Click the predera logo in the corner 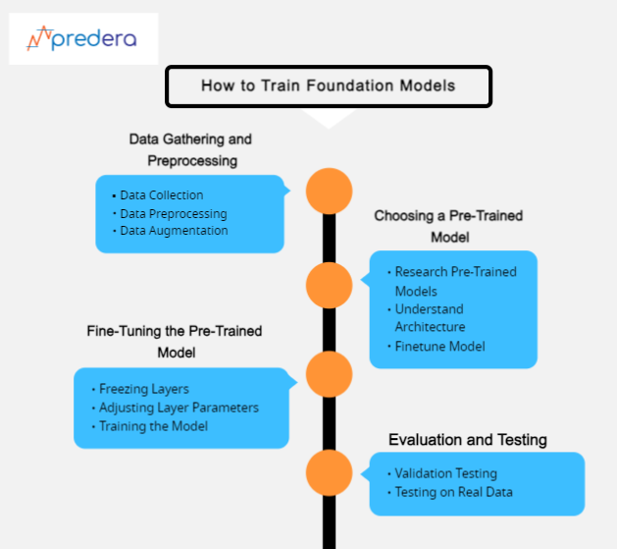(x=82, y=39)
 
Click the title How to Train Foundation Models (x=328, y=85)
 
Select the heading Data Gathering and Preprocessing (x=191, y=149)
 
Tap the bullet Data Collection (x=162, y=195)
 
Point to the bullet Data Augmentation (x=174, y=231)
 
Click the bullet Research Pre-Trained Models (x=455, y=281)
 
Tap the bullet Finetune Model (x=439, y=346)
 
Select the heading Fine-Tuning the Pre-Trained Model (x=177, y=341)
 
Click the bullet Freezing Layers (x=144, y=389)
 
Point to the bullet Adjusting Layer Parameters (x=179, y=408)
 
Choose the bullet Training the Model (x=153, y=426)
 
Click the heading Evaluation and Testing (x=467, y=439)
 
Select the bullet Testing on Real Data (x=453, y=492)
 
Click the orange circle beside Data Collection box (x=329, y=192)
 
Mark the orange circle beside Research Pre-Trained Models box (x=329, y=285)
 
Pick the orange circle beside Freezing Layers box (x=329, y=374)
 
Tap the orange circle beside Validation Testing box (x=329, y=473)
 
